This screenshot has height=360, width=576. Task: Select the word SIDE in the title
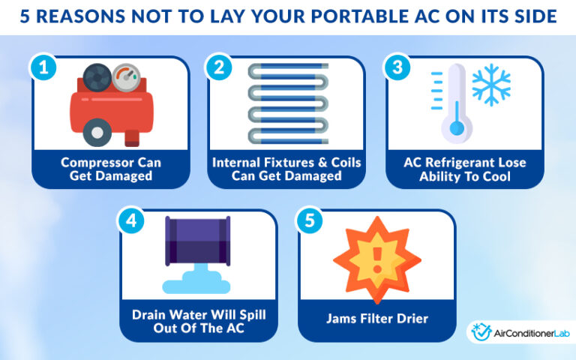(x=532, y=16)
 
